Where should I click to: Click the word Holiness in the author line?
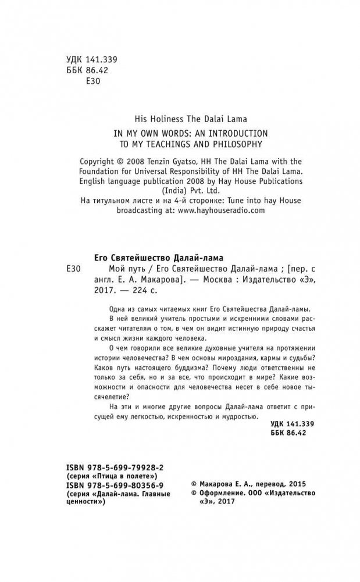point(158,116)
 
